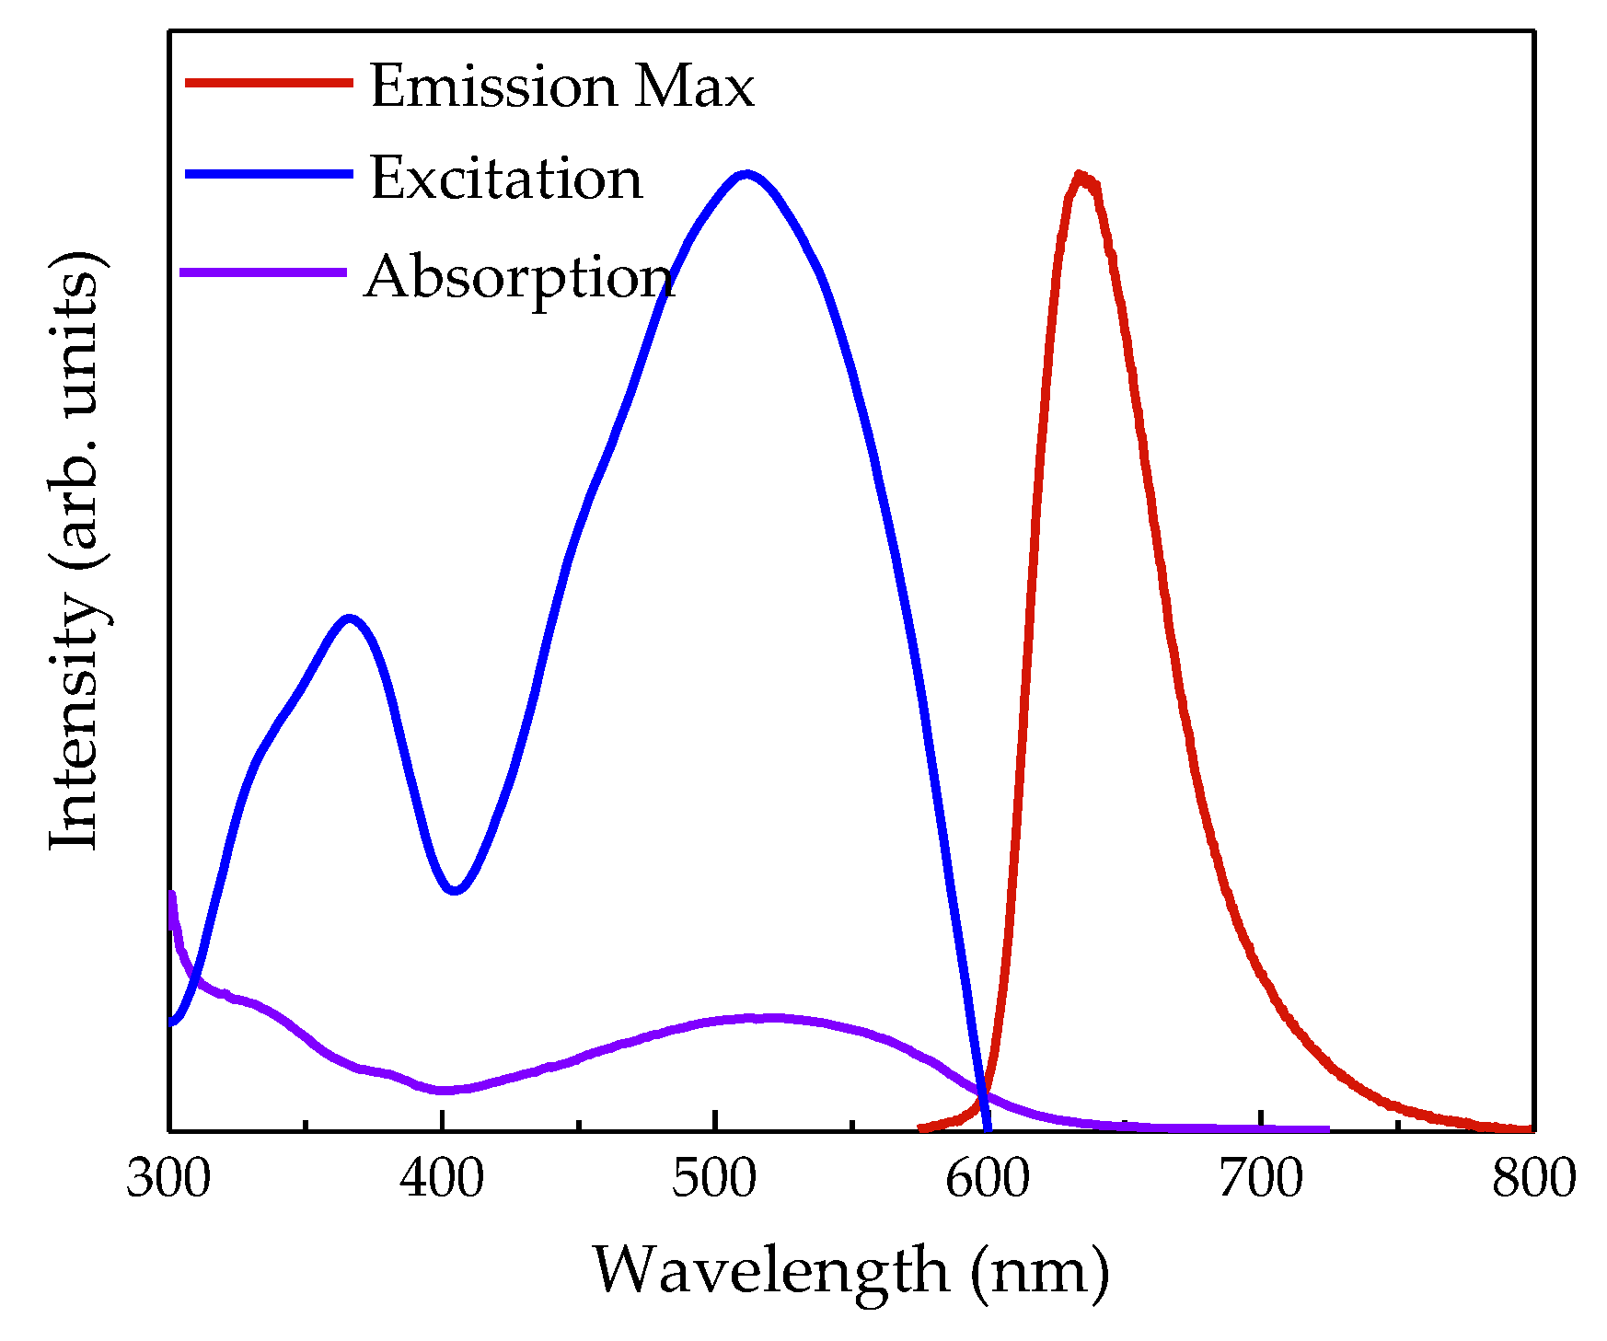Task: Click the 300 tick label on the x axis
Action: [x=168, y=1179]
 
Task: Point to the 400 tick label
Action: [x=442, y=1179]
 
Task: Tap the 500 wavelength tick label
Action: [x=714, y=1179]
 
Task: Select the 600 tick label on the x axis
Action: [x=988, y=1179]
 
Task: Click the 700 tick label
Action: [x=1261, y=1179]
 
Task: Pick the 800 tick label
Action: [x=1533, y=1179]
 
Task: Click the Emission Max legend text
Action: [x=561, y=87]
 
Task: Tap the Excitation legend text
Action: [x=506, y=178]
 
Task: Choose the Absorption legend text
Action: [x=520, y=278]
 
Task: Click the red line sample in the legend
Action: [x=269, y=83]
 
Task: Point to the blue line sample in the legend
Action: [x=269, y=174]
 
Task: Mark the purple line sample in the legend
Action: [x=263, y=272]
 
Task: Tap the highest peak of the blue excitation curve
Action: [x=746, y=173]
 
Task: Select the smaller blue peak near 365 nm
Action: [x=348, y=618]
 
